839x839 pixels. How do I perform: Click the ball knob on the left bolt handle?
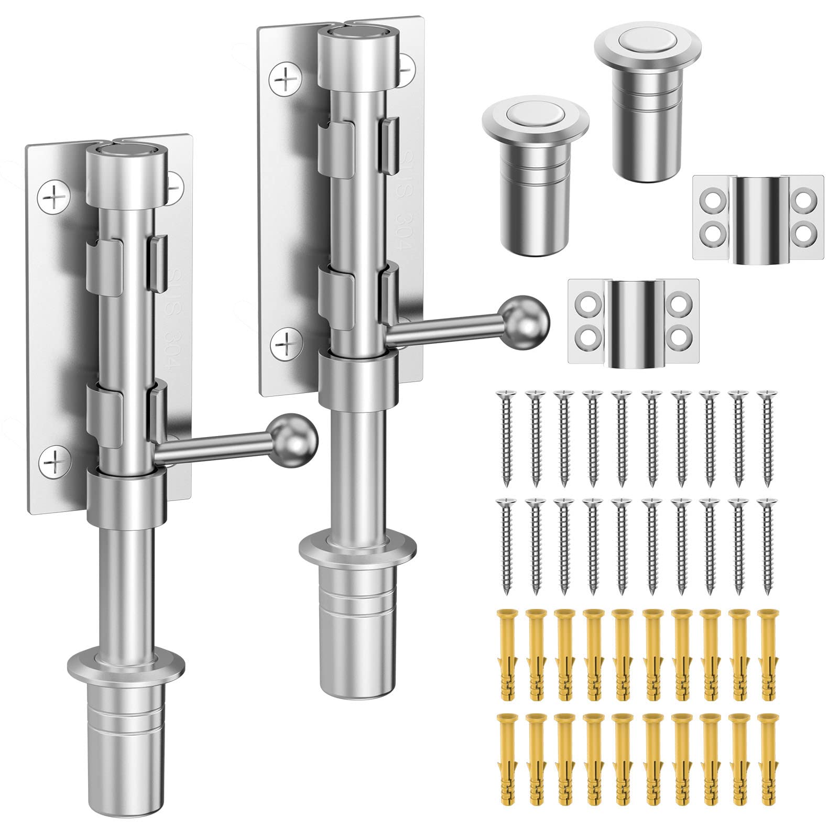[298, 438]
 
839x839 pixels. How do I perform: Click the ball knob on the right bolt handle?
[529, 319]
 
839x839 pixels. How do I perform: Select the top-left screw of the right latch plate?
[284, 80]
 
